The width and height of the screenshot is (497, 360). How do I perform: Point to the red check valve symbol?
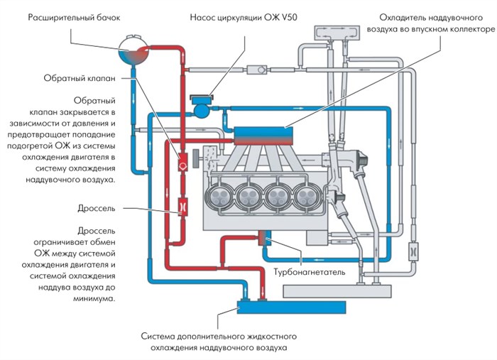(x=181, y=163)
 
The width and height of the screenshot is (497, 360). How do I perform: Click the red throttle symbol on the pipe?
(x=181, y=207)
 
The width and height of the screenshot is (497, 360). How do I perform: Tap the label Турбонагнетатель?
(x=310, y=271)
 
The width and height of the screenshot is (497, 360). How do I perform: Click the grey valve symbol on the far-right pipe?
(x=413, y=249)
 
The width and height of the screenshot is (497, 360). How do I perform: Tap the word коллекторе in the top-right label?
(x=465, y=31)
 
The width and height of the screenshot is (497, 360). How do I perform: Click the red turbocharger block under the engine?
(x=266, y=239)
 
